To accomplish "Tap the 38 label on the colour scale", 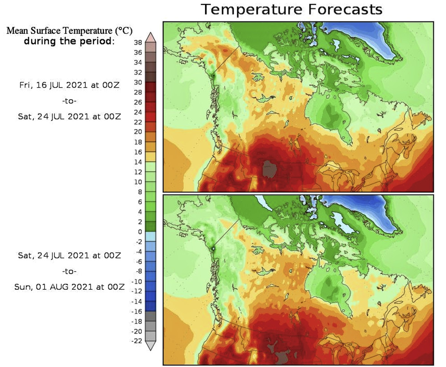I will pos(137,43).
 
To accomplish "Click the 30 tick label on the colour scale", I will pos(137,82).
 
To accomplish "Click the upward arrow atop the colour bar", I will pos(150,37).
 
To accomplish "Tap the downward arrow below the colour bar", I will pos(150,346).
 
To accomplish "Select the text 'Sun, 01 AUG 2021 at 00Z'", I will pos(69,287).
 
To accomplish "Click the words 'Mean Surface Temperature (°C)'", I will pos(69,32).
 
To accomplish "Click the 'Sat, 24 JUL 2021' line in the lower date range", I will pos(69,255).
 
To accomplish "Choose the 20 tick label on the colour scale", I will pos(137,132).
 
